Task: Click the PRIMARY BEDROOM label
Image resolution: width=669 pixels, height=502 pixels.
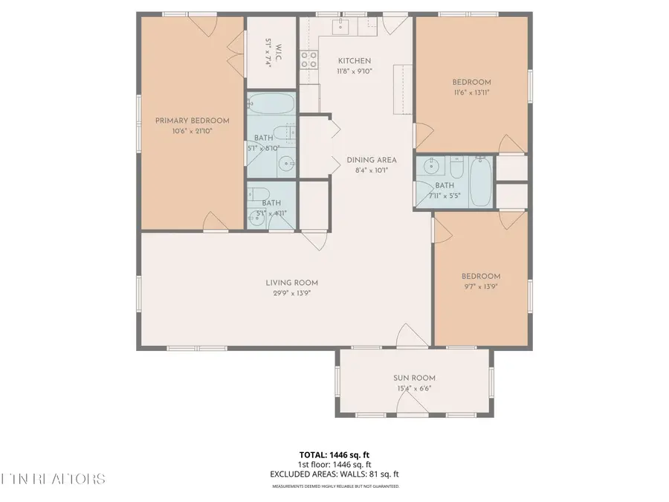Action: (192, 120)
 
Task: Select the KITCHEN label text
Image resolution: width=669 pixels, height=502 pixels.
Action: (354, 61)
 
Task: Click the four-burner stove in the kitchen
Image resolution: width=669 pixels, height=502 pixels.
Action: (308, 59)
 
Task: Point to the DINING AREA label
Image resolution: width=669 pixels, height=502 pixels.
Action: (371, 160)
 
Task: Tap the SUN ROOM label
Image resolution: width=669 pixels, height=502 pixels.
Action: (414, 378)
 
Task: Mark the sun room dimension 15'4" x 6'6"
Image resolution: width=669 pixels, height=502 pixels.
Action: (414, 388)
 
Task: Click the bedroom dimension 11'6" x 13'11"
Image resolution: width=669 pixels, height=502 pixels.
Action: (471, 92)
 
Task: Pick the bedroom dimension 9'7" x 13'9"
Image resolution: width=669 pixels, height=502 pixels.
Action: (481, 286)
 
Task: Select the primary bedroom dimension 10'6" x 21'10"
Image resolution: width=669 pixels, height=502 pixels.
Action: (192, 131)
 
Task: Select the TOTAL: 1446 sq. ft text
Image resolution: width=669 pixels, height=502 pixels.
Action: (334, 454)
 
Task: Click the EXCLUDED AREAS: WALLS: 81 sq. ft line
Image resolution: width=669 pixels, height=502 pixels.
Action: (334, 474)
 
